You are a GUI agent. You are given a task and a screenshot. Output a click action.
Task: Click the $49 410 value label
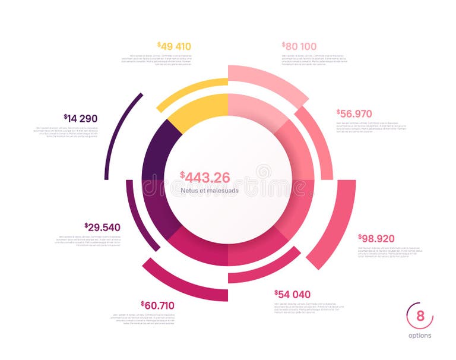[x=175, y=46]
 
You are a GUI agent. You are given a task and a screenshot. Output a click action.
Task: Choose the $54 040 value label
[x=292, y=294]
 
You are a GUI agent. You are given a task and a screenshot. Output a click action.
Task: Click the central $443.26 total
[x=205, y=177]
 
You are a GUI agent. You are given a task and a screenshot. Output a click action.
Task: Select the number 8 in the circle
[x=420, y=316]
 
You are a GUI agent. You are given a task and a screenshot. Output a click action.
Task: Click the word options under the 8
[x=420, y=336]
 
